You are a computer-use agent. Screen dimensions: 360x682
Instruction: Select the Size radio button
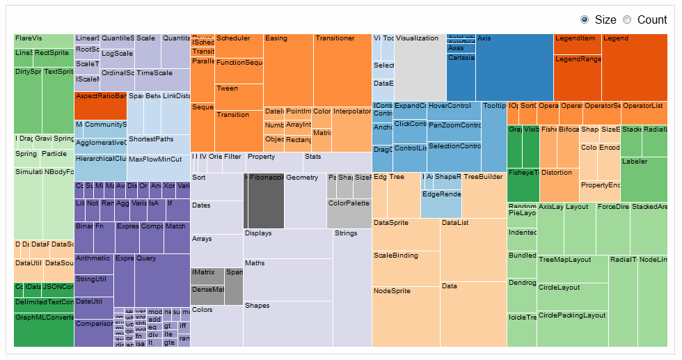(x=585, y=19)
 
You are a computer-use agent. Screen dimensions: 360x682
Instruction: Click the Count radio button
(x=627, y=19)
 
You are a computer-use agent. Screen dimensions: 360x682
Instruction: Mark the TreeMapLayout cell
(x=572, y=269)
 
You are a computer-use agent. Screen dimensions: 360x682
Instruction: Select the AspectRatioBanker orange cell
(x=100, y=105)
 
